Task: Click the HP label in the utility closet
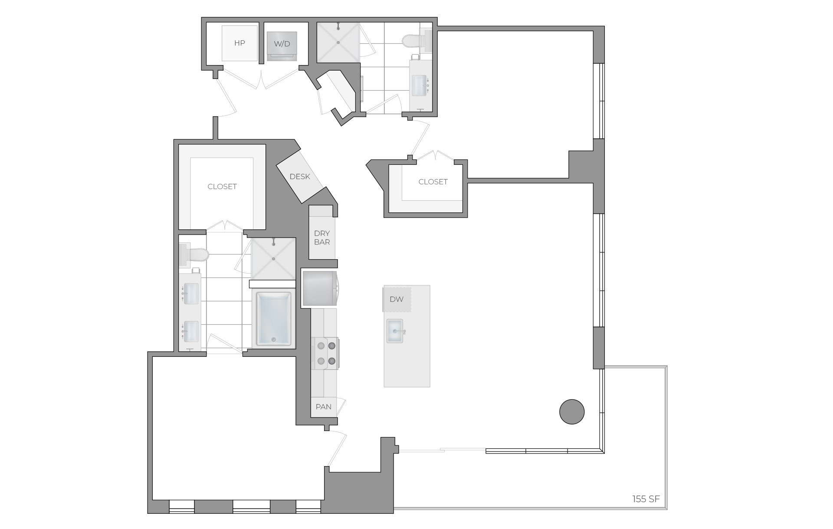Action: (239, 43)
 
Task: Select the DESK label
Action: (300, 176)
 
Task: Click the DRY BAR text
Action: (322, 238)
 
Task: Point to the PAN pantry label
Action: (324, 407)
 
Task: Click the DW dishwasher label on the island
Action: (397, 299)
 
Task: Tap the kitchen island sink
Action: (395, 331)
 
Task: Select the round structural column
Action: (572, 411)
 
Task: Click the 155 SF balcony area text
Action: (646, 499)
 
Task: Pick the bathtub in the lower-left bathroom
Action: (273, 319)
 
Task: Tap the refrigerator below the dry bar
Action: (319, 288)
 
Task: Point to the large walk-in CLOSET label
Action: (222, 186)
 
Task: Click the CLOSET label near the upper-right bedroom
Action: (433, 182)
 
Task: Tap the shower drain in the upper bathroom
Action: (338, 42)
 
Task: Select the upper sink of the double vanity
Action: (191, 294)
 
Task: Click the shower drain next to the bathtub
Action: (274, 259)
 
